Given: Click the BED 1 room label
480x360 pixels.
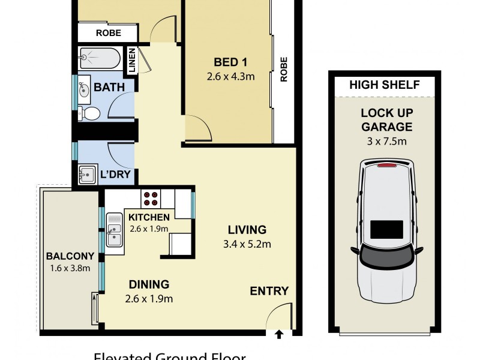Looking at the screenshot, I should pos(231,62).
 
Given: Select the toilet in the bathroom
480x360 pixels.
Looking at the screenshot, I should pos(90,113).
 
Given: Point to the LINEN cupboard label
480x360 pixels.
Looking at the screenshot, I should pos(131,61).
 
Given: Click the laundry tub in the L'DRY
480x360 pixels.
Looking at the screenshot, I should pos(88,175).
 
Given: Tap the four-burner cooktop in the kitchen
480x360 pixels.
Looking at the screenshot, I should pos(151,198).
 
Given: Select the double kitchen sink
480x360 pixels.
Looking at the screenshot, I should pos(114,230).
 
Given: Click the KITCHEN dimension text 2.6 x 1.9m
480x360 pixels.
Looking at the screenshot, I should pos(148,229).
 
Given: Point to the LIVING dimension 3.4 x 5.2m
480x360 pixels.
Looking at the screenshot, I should pos(247,244).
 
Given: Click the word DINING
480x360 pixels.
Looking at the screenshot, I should pos(148,284).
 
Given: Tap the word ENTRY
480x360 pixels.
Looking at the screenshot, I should pos(269,292).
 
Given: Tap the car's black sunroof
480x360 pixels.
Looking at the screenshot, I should pos(386,230).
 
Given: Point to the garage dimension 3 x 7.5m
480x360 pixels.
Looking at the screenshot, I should pos(386,142).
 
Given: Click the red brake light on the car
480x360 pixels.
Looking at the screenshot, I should pos(386,163).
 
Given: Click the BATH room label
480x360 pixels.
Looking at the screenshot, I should pos(109,88).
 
